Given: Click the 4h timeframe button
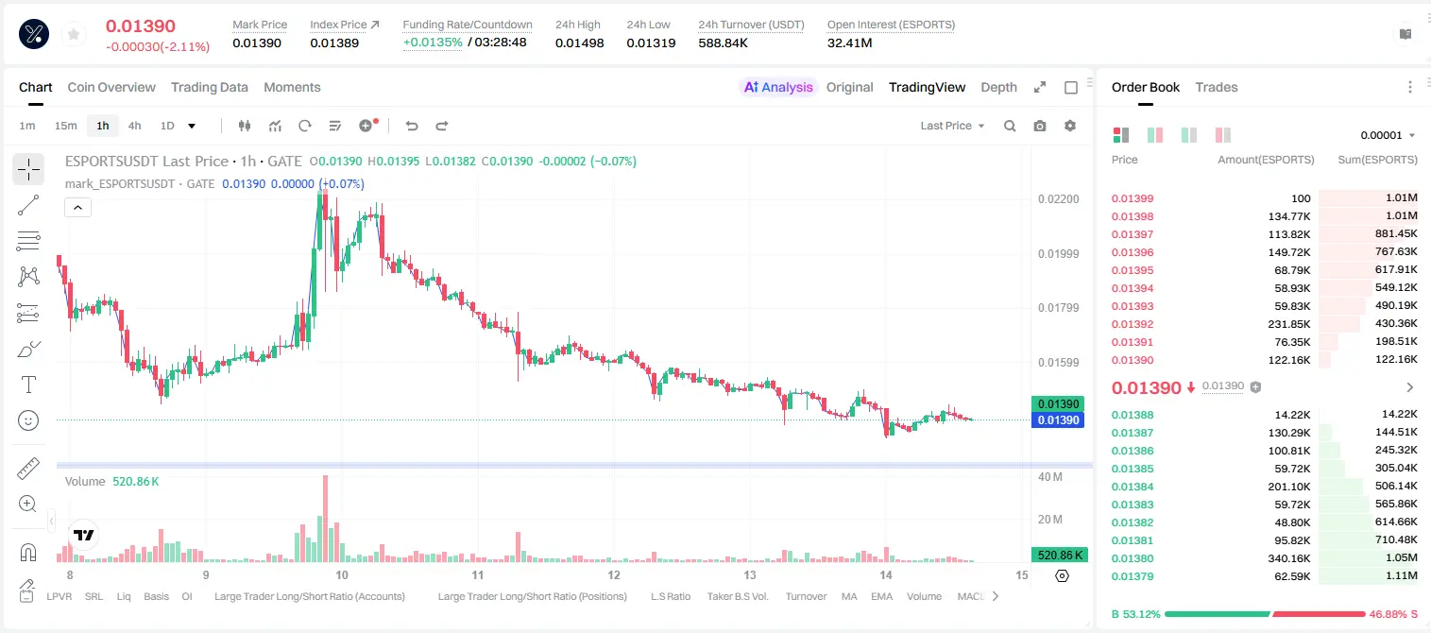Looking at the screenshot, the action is (134, 126).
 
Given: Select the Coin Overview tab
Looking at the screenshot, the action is (111, 87).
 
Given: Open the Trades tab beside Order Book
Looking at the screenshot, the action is (1217, 87).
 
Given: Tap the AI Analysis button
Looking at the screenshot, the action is (778, 87).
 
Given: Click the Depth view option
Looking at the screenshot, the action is (998, 87).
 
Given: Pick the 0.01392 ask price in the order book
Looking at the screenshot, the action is (1132, 324).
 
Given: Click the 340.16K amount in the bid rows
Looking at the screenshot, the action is (1289, 558).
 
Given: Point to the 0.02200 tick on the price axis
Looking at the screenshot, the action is (1058, 199).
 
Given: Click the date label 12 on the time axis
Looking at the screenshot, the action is (614, 574).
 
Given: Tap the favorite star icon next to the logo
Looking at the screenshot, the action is (74, 35).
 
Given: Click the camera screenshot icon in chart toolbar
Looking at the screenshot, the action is (1040, 126).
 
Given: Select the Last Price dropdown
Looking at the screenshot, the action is (952, 126).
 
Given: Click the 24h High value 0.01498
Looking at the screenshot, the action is (579, 43).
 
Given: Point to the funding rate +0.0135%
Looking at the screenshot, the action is (432, 43).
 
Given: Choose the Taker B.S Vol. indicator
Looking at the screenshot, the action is (737, 596).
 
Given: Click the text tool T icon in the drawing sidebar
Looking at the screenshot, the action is (28, 385).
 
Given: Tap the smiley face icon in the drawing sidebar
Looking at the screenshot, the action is (28, 420).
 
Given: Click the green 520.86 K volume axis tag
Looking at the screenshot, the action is (1059, 556).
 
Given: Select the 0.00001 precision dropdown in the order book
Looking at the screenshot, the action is (1388, 135).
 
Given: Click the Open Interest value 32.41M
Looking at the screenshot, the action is (849, 43).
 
